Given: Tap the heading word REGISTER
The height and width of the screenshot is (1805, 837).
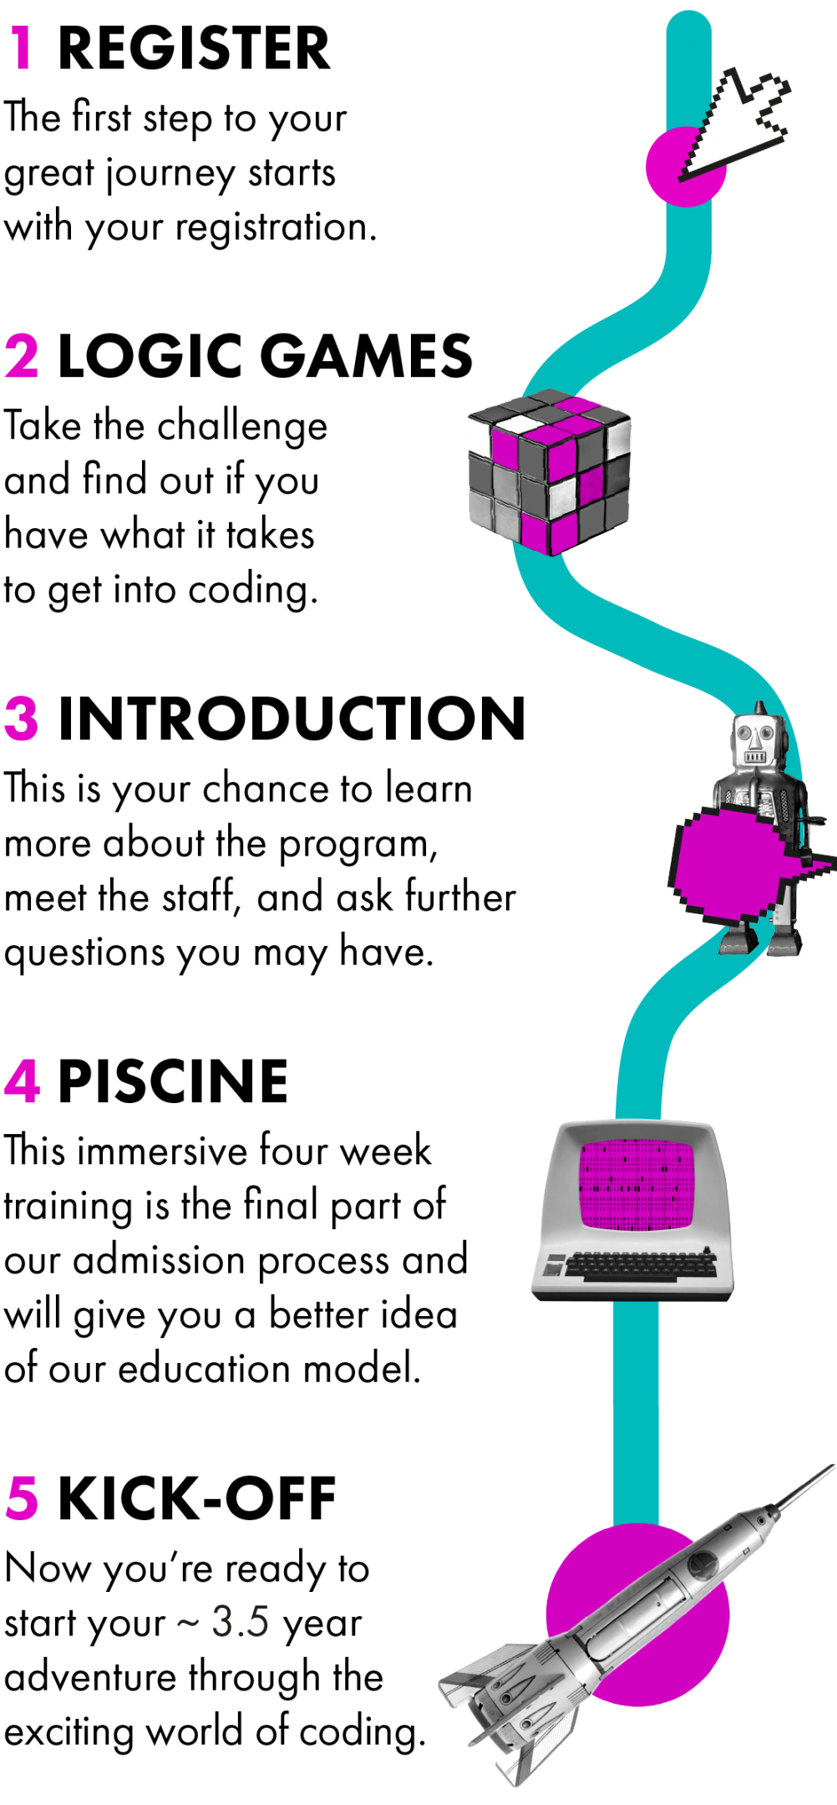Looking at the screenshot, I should point(194,48).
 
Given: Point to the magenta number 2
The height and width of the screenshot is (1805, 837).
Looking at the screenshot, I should point(22,357).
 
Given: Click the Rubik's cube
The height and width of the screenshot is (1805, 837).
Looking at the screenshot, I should point(549,471).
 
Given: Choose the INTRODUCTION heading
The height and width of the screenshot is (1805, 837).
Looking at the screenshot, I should point(292,719).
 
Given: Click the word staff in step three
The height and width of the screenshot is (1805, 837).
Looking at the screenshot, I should point(200,897).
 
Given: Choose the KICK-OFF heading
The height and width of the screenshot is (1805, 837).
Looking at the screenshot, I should point(197,1497).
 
